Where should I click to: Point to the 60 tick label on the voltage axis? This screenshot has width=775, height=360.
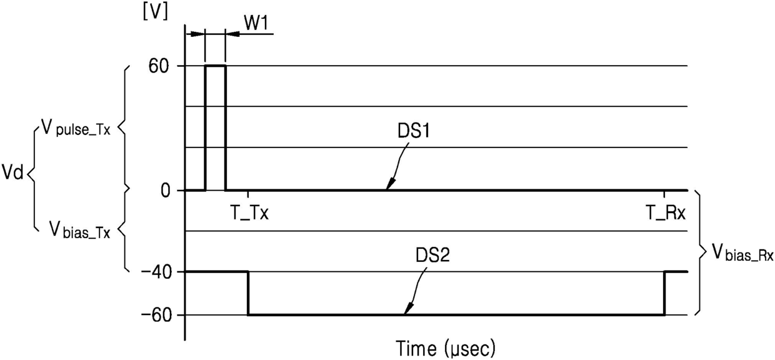pos(168,66)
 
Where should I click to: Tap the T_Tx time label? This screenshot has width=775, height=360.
pos(249,213)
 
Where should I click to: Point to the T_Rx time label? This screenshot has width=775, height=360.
pos(666,213)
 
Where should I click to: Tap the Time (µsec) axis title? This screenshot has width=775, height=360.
pos(445,346)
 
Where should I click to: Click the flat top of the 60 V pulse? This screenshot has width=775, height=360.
pos(215,66)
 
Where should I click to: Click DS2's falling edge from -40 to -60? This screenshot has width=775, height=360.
pos(248,293)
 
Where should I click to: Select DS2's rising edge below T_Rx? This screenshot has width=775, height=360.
pos(664,293)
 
